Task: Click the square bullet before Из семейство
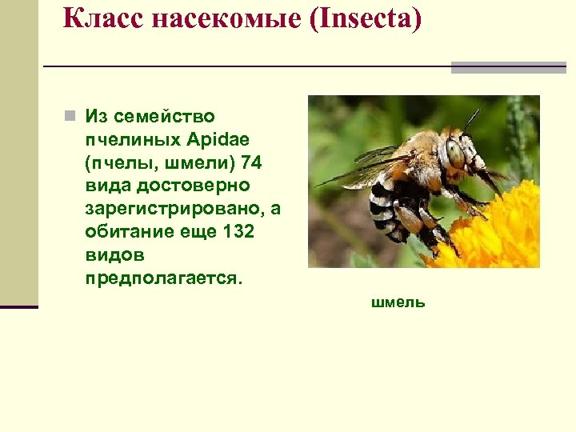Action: point(70,116)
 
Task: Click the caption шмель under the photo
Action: point(398,302)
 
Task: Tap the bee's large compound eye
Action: point(455,151)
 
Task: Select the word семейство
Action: point(164,117)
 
